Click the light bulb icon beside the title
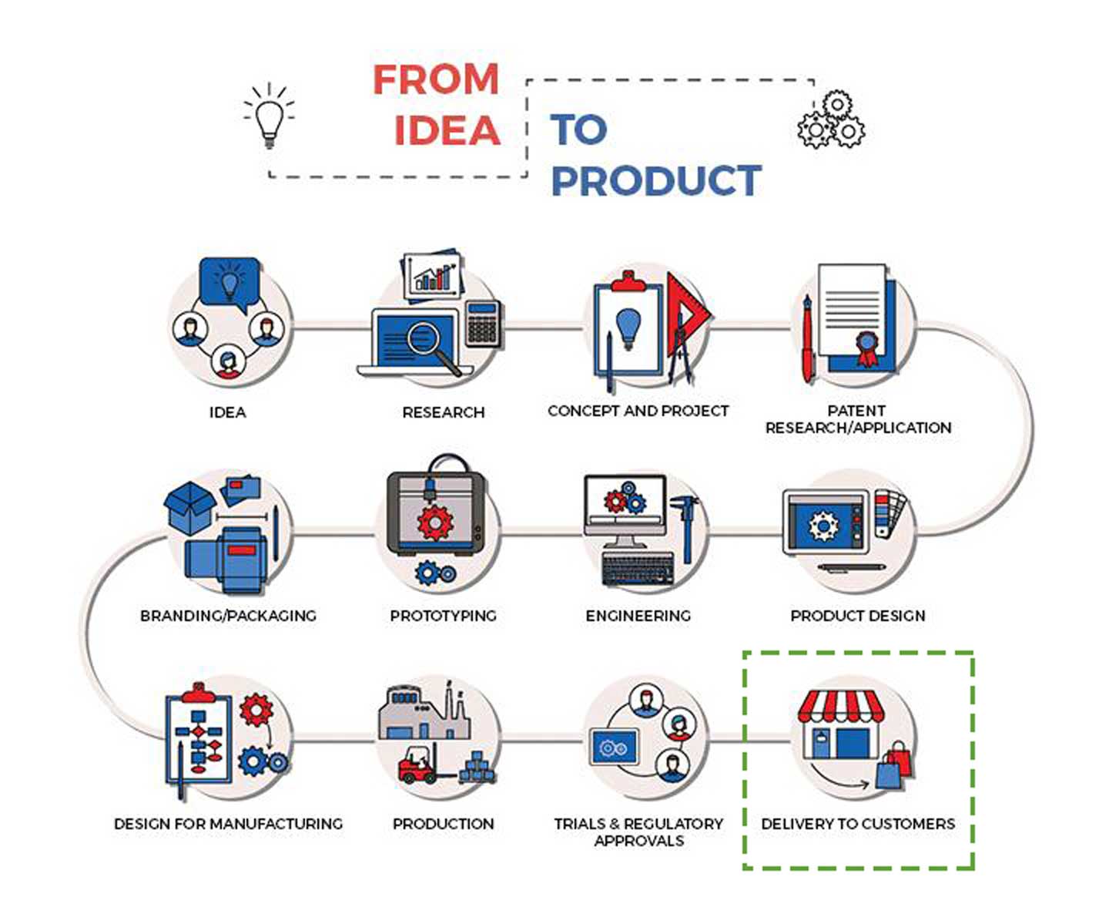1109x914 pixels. [268, 116]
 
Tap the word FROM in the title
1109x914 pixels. [436, 79]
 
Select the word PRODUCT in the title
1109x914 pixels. [656, 180]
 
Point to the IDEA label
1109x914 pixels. [227, 412]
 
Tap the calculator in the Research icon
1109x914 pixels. [483, 323]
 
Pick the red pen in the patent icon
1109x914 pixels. [807, 339]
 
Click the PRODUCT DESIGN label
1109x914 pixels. [857, 616]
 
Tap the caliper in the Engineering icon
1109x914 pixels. [685, 524]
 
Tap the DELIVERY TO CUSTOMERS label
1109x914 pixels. [857, 824]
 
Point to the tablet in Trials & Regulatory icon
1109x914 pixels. [614, 748]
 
